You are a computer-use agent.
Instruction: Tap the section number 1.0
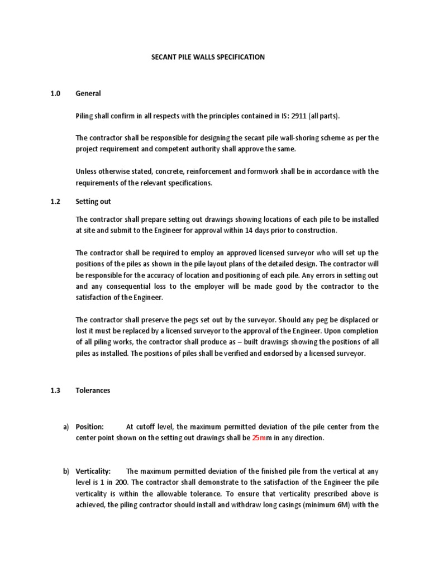[x=55, y=94]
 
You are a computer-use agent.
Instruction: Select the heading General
[x=88, y=94]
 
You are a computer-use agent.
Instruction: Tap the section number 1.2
[x=55, y=201]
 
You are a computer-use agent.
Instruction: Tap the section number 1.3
[x=55, y=390]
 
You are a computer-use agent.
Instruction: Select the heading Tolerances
[x=93, y=390]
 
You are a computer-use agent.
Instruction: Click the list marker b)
[x=66, y=471]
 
